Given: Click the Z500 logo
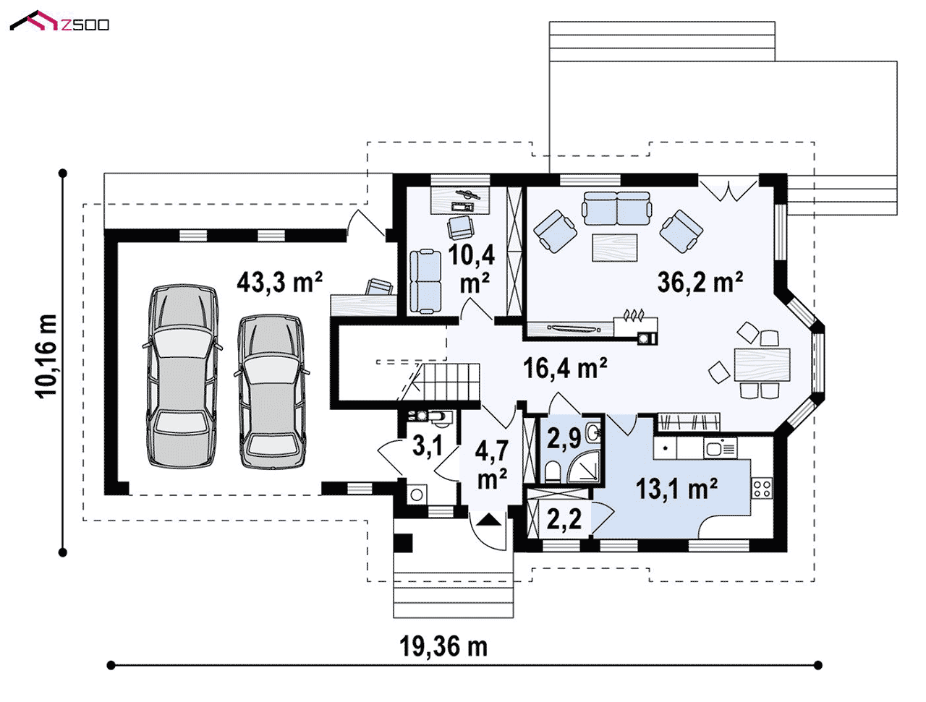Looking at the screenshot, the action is (x=59, y=22).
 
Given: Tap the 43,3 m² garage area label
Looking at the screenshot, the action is (x=280, y=282).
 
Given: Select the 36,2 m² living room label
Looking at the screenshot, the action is (x=700, y=282).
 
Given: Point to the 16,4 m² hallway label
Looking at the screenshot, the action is (x=565, y=368).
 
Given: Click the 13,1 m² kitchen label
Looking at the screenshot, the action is (x=676, y=488).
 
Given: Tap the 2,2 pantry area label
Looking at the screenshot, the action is (x=564, y=518).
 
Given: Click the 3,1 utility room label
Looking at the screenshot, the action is (x=428, y=445).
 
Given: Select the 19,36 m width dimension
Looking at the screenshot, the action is (x=443, y=646).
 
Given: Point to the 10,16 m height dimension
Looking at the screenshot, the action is (x=46, y=356).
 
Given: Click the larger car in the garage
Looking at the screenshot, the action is (x=182, y=376).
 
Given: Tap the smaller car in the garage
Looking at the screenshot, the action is (x=272, y=392).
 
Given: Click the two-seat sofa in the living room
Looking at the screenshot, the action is (x=617, y=208).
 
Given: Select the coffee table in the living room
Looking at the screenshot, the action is (x=615, y=247).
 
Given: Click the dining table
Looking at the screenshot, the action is (x=762, y=364).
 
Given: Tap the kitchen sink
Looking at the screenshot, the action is (x=720, y=448).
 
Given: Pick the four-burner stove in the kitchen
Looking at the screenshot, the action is (x=762, y=489).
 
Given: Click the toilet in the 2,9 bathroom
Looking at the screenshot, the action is (x=552, y=471).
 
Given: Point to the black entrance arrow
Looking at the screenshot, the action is (x=489, y=520).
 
